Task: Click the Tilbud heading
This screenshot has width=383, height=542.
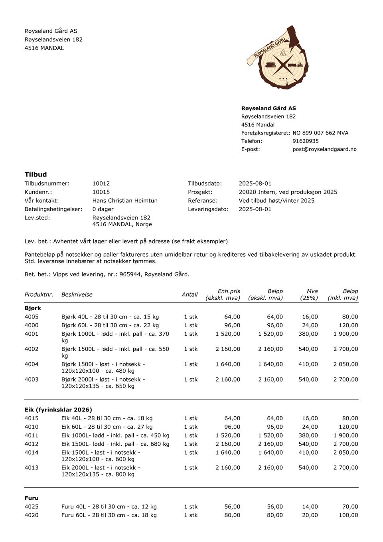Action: [36, 174]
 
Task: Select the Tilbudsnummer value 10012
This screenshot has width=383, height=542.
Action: [101, 184]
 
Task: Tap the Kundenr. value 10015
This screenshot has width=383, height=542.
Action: [101, 192]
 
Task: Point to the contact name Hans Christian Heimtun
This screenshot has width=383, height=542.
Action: [125, 201]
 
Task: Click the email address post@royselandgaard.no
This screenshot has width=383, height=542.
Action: [324, 149]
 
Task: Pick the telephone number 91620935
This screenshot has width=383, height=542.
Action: [305, 141]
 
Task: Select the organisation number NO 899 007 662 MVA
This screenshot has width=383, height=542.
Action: [320, 133]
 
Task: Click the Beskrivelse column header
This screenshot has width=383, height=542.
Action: [77, 295]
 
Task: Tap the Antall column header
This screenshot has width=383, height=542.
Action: [190, 295]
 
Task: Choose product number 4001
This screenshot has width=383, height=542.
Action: [32, 334]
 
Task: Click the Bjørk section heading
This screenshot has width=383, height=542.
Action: [33, 308]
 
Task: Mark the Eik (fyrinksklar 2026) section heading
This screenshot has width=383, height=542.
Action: [58, 410]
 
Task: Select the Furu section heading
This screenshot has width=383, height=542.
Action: [32, 498]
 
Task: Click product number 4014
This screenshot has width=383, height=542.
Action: [32, 453]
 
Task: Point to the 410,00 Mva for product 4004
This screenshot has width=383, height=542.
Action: [308, 364]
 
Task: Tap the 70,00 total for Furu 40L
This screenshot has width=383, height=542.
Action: [350, 507]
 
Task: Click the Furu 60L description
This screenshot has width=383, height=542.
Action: [109, 515]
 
